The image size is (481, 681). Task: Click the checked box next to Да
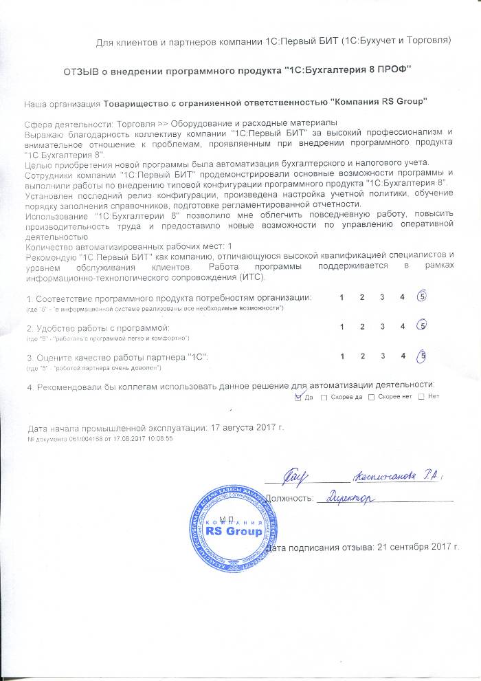click(x=298, y=397)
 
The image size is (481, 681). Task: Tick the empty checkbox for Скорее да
click(x=324, y=397)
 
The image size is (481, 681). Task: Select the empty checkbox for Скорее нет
click(x=372, y=397)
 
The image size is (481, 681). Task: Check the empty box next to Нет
click(x=421, y=397)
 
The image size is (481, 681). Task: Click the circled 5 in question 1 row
click(x=423, y=297)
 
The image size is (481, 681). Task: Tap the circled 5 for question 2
click(x=423, y=325)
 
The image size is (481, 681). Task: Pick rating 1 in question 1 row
click(x=342, y=297)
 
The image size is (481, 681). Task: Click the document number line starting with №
click(x=100, y=438)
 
